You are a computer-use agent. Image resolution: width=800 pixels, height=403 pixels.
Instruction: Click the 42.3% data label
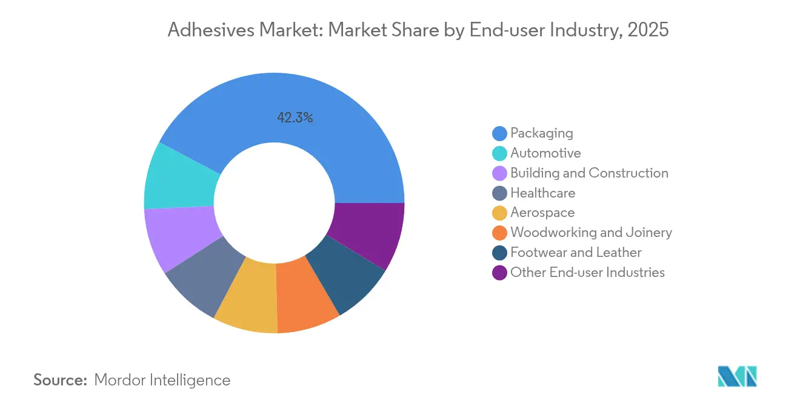pyautogui.click(x=295, y=118)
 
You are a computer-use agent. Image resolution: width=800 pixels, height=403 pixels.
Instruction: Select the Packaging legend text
pyautogui.click(x=541, y=133)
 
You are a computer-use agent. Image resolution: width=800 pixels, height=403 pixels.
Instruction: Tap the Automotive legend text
pyautogui.click(x=545, y=153)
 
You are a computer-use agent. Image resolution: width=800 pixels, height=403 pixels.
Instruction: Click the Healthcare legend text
pyautogui.click(x=542, y=193)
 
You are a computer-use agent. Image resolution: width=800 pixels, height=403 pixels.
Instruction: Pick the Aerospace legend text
pyautogui.click(x=542, y=213)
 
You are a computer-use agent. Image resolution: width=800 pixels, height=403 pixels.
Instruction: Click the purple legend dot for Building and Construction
pyautogui.click(x=499, y=173)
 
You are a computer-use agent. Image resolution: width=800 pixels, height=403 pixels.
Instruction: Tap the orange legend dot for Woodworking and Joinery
pyautogui.click(x=499, y=233)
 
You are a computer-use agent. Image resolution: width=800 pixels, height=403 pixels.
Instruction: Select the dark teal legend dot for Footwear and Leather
pyautogui.click(x=499, y=253)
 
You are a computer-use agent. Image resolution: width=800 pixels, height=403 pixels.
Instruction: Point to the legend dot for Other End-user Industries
pyautogui.click(x=499, y=273)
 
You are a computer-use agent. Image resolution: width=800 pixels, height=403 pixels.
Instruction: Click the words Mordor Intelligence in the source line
pyautogui.click(x=162, y=380)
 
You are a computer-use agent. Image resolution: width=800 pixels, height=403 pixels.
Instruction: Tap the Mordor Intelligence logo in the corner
pyautogui.click(x=737, y=376)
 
